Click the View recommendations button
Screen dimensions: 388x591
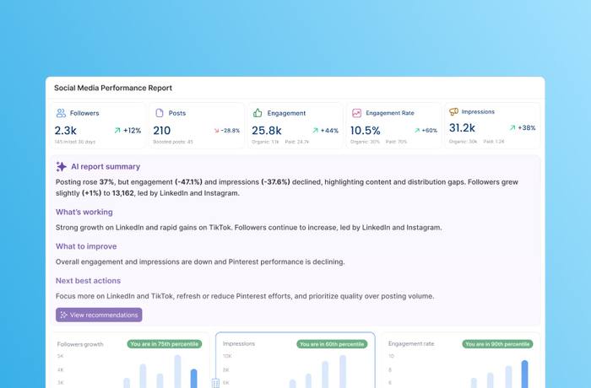coord(99,315)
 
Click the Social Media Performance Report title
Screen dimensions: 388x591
coord(112,88)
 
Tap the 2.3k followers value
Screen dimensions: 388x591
coord(66,131)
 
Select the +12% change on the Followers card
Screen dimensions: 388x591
coord(127,131)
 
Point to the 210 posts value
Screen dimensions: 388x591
coord(162,131)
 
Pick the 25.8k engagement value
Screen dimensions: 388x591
coord(267,131)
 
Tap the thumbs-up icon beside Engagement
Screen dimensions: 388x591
coord(258,113)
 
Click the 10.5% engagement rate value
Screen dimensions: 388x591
coord(366,131)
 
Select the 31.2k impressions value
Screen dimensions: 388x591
coord(462,128)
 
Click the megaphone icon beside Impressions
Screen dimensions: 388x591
coord(453,111)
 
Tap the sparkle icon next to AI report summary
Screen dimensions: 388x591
coord(61,167)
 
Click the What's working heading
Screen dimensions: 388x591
coord(84,212)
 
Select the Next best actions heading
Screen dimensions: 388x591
coord(88,281)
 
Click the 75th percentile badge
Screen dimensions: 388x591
coord(162,344)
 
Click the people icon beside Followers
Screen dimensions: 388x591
coord(61,113)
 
